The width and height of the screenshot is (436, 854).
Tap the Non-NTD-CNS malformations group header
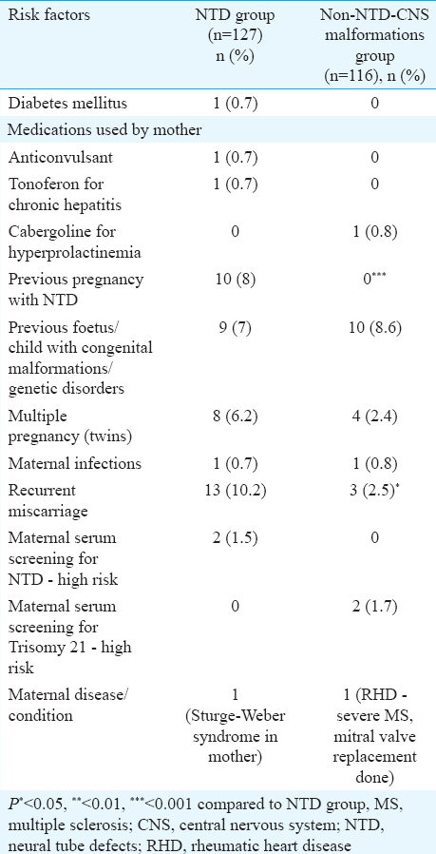tap(373, 46)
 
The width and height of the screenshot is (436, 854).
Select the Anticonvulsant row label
tap(51, 158)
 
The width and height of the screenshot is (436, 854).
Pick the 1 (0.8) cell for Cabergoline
tap(373, 232)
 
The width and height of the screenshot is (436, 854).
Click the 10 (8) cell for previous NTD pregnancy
tap(236, 280)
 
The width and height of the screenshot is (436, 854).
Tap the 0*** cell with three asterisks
tap(373, 279)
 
